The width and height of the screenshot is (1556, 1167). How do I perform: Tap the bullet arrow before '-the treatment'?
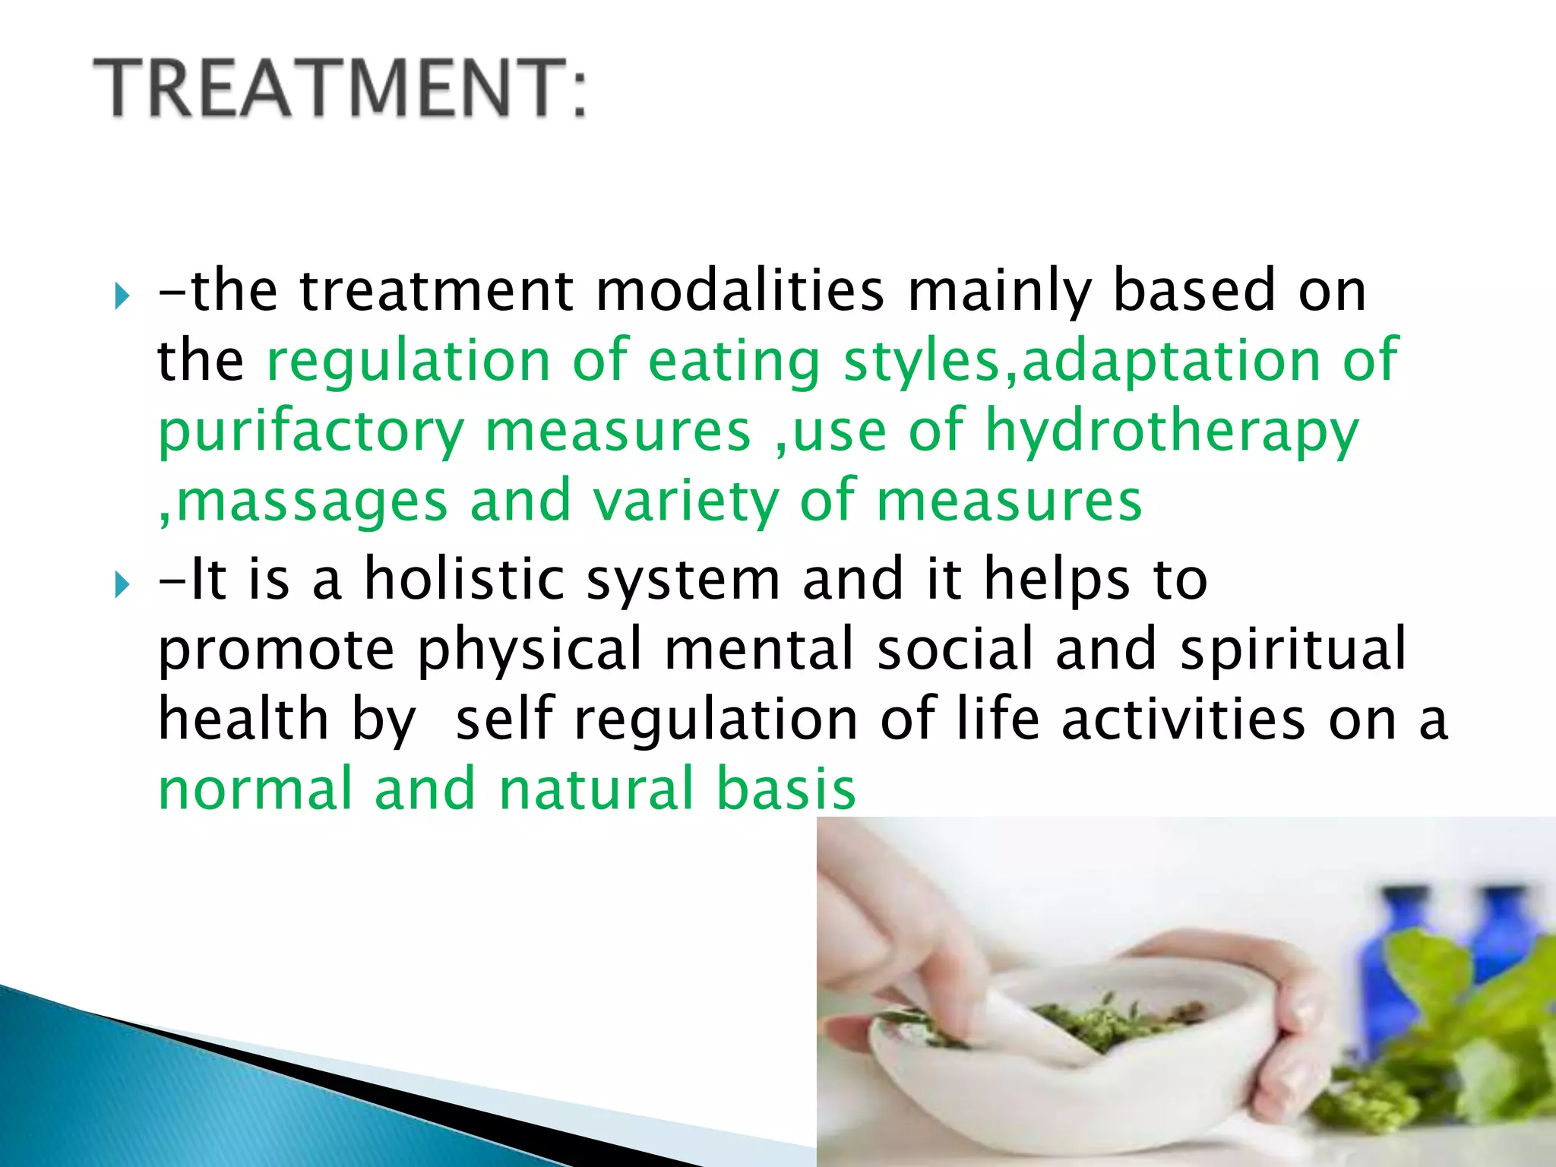point(122,295)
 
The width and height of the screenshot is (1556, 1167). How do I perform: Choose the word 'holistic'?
point(463,579)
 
